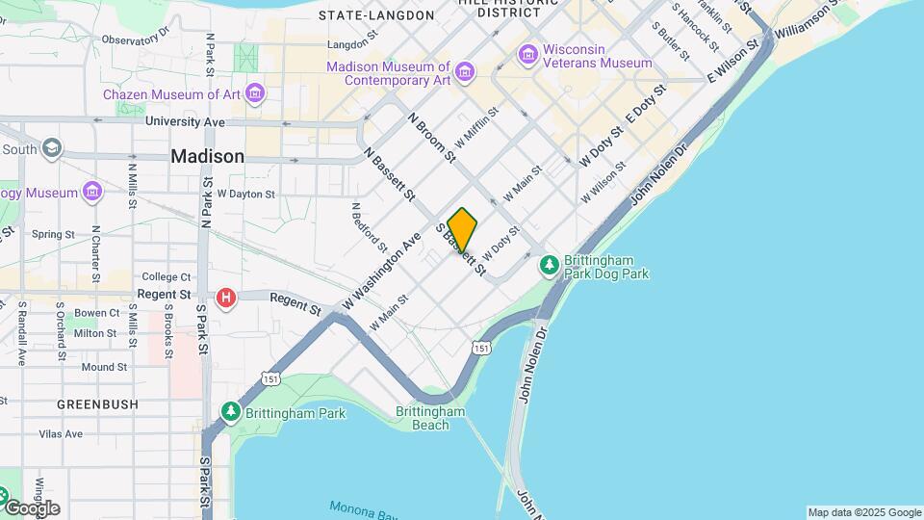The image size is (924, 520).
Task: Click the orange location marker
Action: click(462, 230)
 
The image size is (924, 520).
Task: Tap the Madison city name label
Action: click(207, 156)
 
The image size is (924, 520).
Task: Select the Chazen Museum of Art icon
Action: click(255, 93)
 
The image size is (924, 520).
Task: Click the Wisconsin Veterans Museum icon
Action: click(527, 55)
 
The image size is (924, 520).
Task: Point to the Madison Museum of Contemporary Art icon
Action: click(466, 72)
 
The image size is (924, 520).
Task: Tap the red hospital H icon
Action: click(226, 298)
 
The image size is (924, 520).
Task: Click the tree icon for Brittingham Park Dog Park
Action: click(550, 263)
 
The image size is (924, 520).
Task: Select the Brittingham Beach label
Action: click(430, 418)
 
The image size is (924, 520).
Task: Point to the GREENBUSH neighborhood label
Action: click(97, 404)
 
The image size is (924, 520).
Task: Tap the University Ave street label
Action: click(185, 122)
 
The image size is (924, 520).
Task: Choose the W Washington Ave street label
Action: click(382, 271)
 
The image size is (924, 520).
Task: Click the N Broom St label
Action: click(430, 137)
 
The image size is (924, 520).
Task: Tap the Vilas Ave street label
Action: click(61, 434)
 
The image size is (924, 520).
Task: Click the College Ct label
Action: click(167, 277)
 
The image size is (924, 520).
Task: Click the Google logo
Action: click(31, 507)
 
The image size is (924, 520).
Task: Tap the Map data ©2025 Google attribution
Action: click(864, 512)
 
